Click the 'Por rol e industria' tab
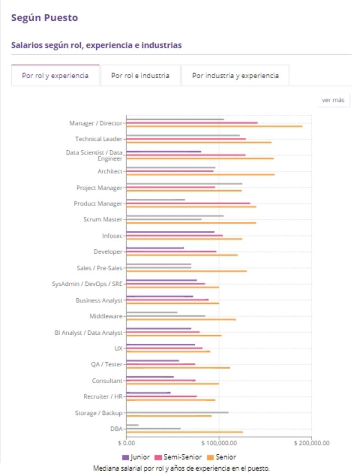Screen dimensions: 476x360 click(140, 76)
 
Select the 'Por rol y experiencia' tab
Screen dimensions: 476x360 click(55, 76)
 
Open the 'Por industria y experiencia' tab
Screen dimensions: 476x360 click(235, 76)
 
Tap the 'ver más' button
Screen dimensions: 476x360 click(333, 100)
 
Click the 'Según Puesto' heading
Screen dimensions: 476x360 click(44, 18)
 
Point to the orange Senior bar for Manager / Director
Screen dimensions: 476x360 click(214, 126)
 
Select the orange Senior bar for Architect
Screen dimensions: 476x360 click(200, 175)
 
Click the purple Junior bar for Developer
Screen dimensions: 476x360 click(155, 248)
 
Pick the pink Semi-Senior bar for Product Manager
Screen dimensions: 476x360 click(188, 203)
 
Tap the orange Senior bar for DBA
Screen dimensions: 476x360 click(184, 432)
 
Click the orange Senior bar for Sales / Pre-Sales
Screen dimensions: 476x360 click(186, 271)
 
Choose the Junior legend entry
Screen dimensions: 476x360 click(136, 457)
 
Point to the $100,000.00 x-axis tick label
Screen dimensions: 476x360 click(219, 443)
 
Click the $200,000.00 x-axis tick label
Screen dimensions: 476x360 click(311, 443)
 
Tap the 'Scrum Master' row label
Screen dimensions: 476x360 click(103, 220)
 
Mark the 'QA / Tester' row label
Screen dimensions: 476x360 click(107, 364)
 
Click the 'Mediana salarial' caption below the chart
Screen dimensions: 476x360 click(181, 468)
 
